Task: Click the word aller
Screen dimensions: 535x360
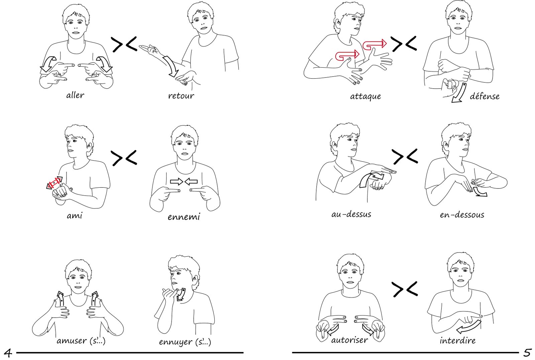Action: pyautogui.click(x=75, y=95)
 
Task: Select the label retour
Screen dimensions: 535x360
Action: pyautogui.click(x=181, y=96)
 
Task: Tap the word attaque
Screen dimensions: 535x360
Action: pyautogui.click(x=365, y=97)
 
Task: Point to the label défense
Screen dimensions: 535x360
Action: pyautogui.click(x=485, y=96)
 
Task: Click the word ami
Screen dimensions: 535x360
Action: pyautogui.click(x=75, y=215)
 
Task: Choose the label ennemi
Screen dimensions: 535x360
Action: pyautogui.click(x=184, y=217)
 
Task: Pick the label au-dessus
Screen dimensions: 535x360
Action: pyautogui.click(x=351, y=214)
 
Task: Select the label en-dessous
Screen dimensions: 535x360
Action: pyautogui.click(x=462, y=215)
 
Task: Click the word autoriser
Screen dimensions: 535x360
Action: pyautogui.click(x=349, y=340)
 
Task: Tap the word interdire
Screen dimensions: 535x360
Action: pyautogui.click(x=458, y=340)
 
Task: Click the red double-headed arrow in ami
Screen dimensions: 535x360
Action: pyautogui.click(x=55, y=183)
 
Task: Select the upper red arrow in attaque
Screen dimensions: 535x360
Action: pyautogui.click(x=374, y=44)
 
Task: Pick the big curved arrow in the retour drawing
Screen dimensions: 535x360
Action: pyautogui.click(x=171, y=66)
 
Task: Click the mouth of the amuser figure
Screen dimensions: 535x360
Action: pyautogui.click(x=77, y=287)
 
